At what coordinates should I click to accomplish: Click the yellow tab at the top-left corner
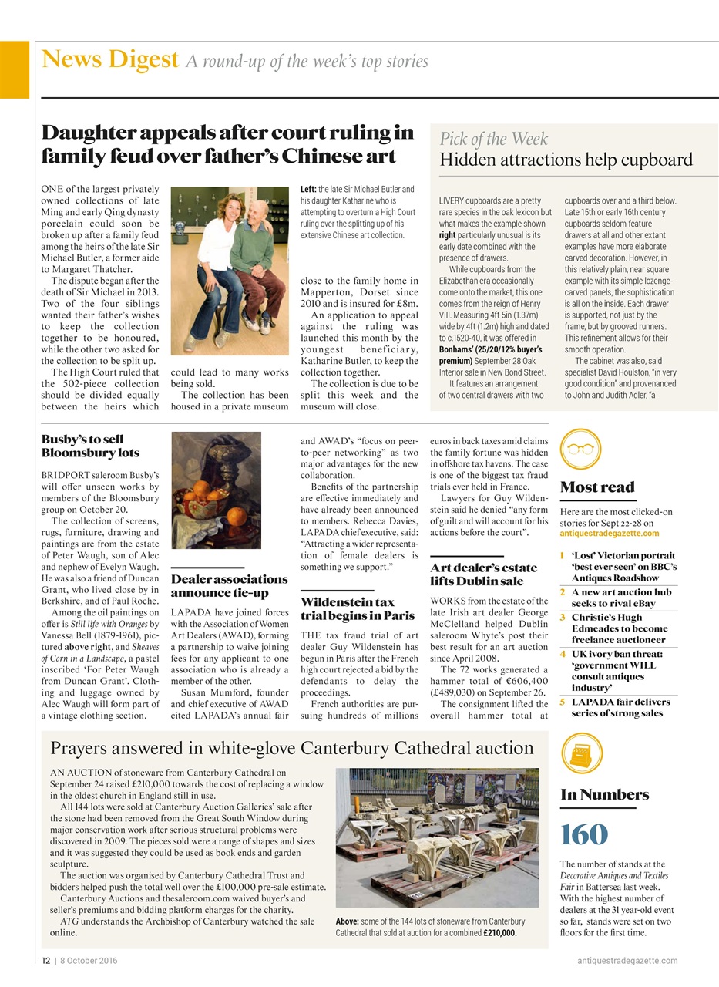pos(14,69)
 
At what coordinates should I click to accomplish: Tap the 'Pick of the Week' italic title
pos(494,139)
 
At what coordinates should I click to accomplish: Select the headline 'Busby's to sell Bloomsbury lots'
pos(90,446)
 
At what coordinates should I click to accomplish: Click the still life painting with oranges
pos(216,490)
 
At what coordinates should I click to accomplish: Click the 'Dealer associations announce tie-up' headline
pos(229,585)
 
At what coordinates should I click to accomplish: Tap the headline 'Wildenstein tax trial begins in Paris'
pos(358,608)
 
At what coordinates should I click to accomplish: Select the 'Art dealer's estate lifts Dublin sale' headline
pos(483,574)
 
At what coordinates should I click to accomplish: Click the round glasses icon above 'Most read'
pos(580,449)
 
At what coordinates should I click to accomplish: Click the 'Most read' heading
pos(597,487)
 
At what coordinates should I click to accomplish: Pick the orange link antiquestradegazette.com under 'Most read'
pos(610,533)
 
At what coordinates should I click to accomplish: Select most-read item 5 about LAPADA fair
pos(620,707)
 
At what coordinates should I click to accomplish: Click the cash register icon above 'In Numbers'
pos(582,753)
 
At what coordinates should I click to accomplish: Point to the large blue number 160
pos(584,834)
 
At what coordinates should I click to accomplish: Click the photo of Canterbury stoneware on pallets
pos(437,837)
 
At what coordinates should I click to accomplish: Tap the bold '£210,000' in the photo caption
pos(499,932)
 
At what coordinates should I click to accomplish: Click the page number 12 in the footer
pos(45,960)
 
